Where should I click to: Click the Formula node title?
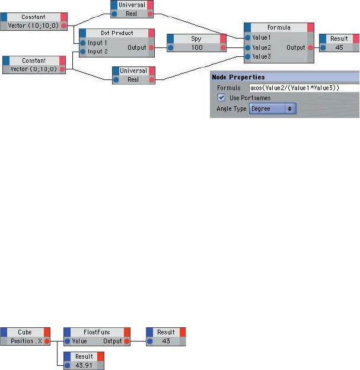[x=279, y=27]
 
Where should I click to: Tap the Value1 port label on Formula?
[x=262, y=37]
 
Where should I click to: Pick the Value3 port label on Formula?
[x=262, y=57]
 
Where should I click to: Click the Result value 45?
[x=339, y=48]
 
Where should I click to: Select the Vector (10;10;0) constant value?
[x=34, y=26]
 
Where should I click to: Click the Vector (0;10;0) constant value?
[x=34, y=69]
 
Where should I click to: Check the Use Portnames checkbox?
[x=222, y=98]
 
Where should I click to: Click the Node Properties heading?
[x=238, y=77]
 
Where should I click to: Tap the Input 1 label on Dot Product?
[x=98, y=43]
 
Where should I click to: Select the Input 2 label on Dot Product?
[x=98, y=52]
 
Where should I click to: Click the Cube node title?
[x=25, y=332]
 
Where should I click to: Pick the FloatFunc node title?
[x=96, y=332]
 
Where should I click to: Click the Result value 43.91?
[x=83, y=365]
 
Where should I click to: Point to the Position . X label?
[x=26, y=341]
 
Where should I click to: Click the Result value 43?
[x=166, y=341]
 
